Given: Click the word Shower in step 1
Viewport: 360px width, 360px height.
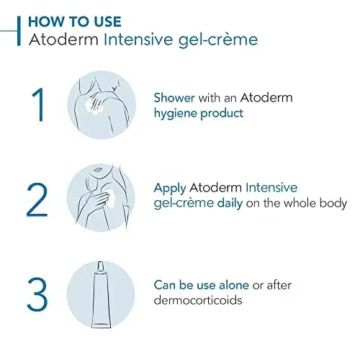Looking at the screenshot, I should click(174, 98).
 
